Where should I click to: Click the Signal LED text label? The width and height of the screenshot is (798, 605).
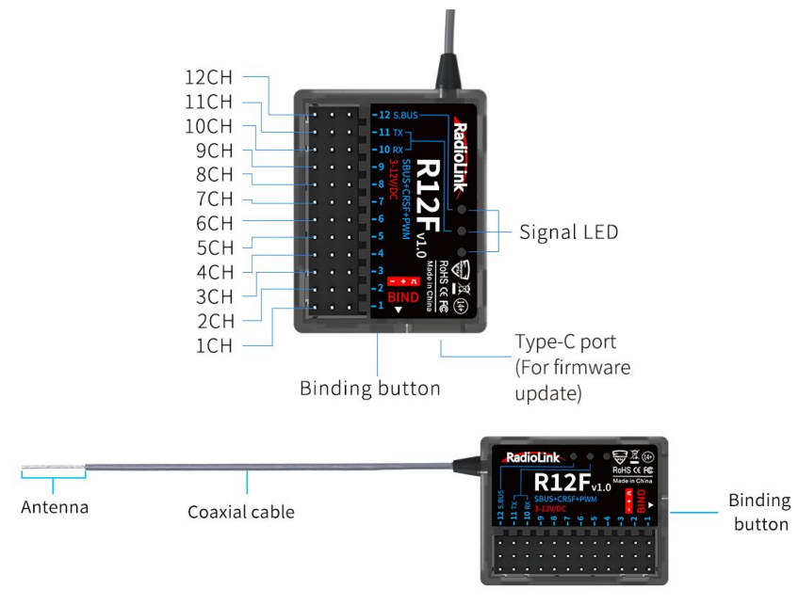click(x=569, y=231)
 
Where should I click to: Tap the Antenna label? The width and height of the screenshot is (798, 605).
click(x=55, y=507)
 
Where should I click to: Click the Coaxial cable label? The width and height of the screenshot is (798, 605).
click(x=240, y=513)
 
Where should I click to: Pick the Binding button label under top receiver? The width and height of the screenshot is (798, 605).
click(x=369, y=387)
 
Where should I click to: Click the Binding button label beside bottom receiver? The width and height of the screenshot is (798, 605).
click(x=758, y=512)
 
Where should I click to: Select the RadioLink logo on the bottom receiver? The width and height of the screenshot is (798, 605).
click(x=532, y=457)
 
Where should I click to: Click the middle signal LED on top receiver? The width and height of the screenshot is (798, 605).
click(x=463, y=231)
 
